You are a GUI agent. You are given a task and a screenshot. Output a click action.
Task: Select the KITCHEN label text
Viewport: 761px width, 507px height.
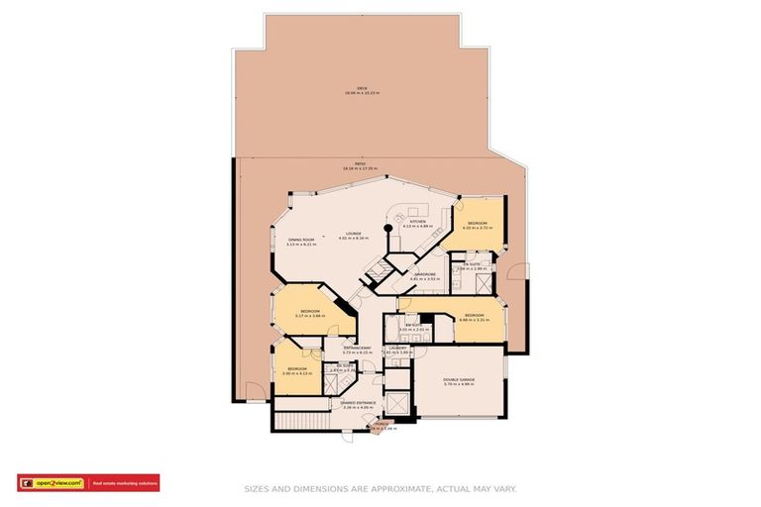pos(418,222)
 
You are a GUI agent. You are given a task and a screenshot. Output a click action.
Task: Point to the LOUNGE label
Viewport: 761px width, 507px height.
pos(353,234)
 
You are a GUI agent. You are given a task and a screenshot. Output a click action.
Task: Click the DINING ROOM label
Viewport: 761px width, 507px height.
pos(300,240)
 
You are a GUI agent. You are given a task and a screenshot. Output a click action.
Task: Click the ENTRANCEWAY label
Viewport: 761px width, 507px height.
pos(358,349)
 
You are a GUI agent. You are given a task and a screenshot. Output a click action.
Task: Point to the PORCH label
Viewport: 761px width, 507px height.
pos(381,425)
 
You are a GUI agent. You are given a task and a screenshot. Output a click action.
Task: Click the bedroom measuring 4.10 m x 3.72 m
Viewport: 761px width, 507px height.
pos(479,224)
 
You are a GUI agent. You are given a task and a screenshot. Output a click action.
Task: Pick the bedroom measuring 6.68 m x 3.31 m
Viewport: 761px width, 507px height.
pos(475,316)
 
